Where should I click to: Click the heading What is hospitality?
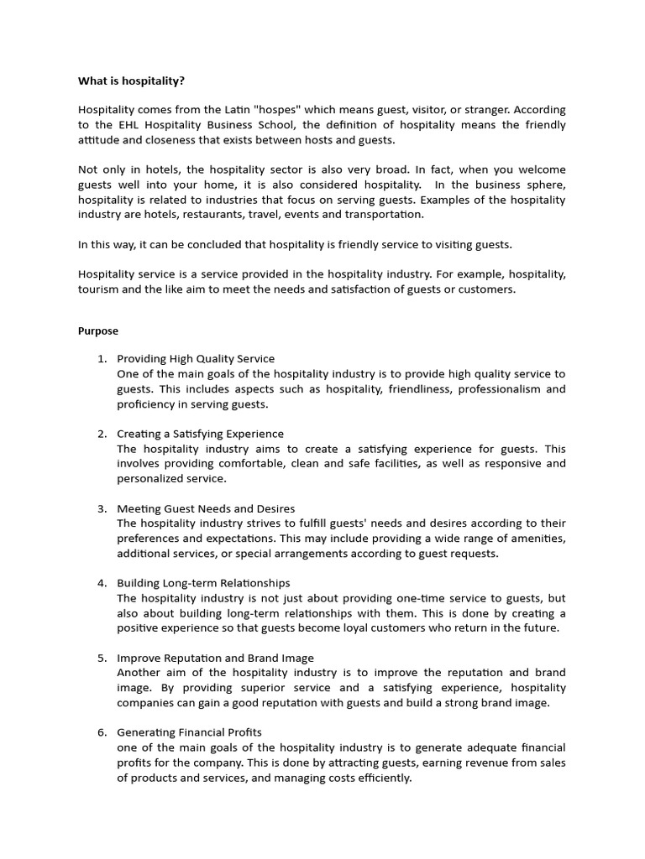132,81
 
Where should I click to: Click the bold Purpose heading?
98,331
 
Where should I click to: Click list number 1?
102,359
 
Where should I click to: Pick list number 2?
102,434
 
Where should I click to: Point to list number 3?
102,508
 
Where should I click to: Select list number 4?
102,583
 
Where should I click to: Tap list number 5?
102,658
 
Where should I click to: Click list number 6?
102,732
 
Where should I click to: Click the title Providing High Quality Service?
196,359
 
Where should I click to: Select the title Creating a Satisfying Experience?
200,434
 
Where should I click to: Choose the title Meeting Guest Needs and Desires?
206,508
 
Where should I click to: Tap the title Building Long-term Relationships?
203,583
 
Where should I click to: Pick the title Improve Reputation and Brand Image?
215,658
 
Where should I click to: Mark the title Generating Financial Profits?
189,732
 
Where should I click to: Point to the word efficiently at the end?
382,778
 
